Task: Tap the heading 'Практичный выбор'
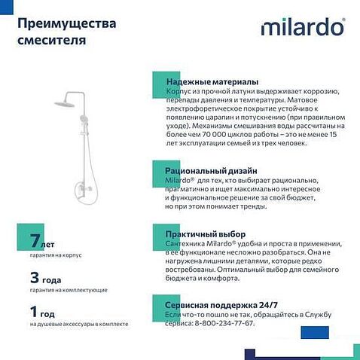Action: tap(205, 234)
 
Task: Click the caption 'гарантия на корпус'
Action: tap(56, 255)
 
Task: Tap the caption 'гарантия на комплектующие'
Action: tap(69, 290)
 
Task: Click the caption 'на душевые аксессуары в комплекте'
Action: tap(79, 324)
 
